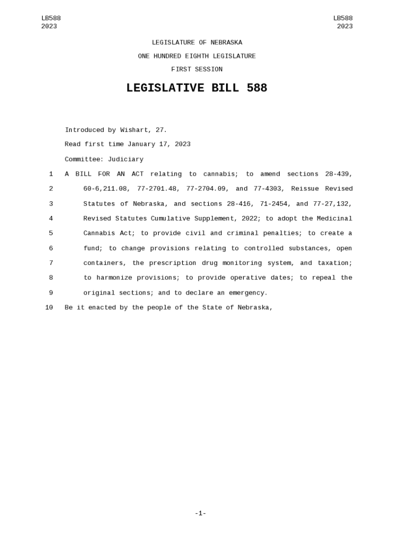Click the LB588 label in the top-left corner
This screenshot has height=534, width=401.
coord(51,18)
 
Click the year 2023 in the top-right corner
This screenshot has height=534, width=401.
coord(344,27)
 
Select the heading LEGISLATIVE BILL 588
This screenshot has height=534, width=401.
coord(196,88)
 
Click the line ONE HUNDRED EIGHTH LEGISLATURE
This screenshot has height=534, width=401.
coord(196,56)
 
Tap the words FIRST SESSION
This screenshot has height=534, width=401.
coord(196,69)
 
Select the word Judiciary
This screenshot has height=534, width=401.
coord(126,160)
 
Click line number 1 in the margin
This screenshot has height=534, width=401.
coord(51,174)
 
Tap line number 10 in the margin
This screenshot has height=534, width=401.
coord(49,308)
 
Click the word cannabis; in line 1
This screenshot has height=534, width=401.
coord(220,174)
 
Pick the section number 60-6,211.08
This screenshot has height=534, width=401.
coord(106,189)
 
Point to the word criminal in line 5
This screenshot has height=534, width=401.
coord(244,233)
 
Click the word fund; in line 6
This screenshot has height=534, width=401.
coord(93,248)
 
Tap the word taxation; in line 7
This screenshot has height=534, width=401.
coord(335,263)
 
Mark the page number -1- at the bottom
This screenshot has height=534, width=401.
coord(200,514)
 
